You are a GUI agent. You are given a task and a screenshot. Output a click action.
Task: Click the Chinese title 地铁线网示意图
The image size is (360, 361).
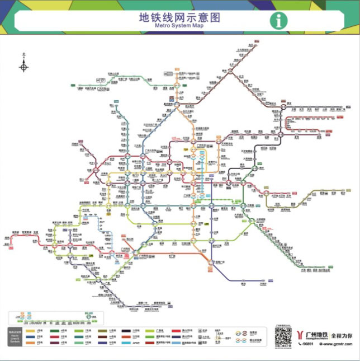coord(179,17)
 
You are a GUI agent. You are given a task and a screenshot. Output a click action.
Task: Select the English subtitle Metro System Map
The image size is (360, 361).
coord(179,26)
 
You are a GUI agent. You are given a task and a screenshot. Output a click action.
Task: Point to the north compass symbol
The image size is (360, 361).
coord(23,67)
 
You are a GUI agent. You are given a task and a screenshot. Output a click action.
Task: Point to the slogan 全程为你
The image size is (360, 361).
coord(342,335)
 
